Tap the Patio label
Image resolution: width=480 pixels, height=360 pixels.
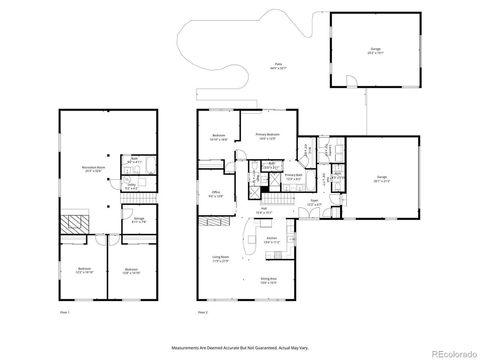click(277, 66)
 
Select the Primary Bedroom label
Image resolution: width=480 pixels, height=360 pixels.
click(267, 135)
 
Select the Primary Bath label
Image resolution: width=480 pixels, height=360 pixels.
click(293, 176)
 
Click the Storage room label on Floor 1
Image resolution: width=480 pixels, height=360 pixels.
click(138, 219)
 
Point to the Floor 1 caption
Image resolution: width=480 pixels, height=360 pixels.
click(64, 313)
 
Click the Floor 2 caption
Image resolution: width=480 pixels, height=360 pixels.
click(203, 313)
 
